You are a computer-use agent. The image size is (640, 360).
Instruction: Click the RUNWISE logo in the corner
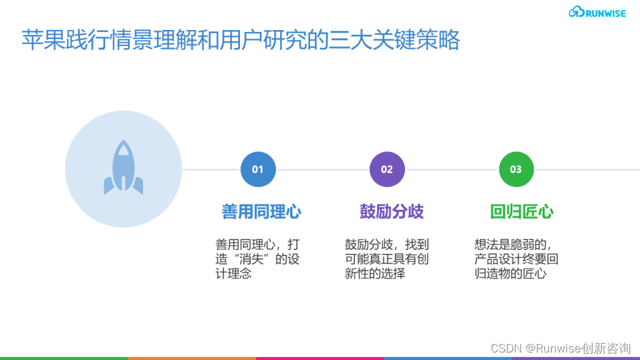pyautogui.click(x=597, y=12)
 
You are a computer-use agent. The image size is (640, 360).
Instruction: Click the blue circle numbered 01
pyautogui.click(x=258, y=169)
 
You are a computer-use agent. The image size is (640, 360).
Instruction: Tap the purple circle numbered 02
pyautogui.click(x=387, y=169)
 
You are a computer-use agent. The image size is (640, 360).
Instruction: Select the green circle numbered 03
pyautogui.click(x=516, y=169)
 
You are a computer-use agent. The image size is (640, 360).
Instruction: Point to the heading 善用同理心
pyautogui.click(x=261, y=212)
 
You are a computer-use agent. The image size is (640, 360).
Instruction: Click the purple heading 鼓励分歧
pyautogui.click(x=391, y=212)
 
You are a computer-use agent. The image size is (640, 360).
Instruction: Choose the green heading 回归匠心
pyautogui.click(x=522, y=212)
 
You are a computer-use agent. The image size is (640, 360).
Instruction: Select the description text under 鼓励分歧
pyautogui.click(x=386, y=259)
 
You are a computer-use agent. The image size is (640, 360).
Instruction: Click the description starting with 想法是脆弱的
pyautogui.click(x=516, y=259)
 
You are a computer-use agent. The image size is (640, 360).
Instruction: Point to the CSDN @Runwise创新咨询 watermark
pyautogui.click(x=561, y=348)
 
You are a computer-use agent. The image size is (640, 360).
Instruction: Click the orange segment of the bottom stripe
pyautogui.click(x=192, y=358)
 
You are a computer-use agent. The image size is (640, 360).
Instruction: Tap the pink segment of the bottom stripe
pyautogui.click(x=320, y=358)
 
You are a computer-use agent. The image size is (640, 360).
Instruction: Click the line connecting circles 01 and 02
pyautogui.click(x=323, y=169)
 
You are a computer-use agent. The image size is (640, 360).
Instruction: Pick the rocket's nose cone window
pyautogui.click(x=123, y=150)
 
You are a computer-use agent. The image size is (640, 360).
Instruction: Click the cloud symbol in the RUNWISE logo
pyautogui.click(x=576, y=12)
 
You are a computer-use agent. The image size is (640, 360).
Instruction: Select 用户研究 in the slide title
pyautogui.click(x=263, y=40)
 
